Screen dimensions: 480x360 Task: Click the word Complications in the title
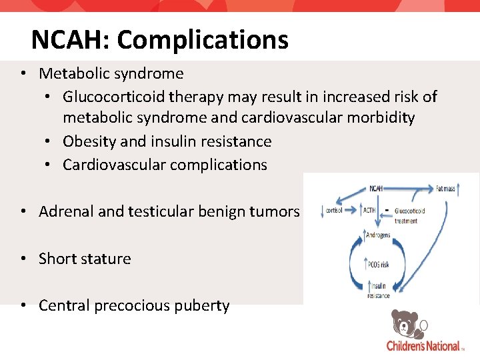click(203, 40)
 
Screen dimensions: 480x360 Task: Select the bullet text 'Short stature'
click(85, 259)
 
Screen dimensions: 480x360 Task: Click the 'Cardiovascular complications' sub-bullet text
click(165, 165)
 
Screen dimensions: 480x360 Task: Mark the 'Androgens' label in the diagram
click(378, 235)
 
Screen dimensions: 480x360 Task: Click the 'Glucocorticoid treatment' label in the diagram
click(410, 215)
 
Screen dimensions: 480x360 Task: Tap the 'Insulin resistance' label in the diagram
click(378, 291)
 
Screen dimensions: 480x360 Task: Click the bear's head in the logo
click(403, 323)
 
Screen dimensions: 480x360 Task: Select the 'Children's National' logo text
click(424, 346)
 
